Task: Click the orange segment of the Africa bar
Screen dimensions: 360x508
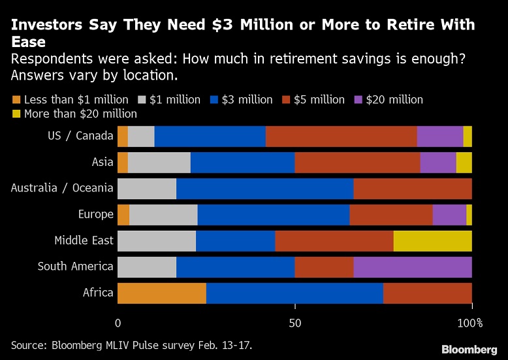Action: tap(161, 293)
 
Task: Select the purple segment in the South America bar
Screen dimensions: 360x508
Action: tap(412, 267)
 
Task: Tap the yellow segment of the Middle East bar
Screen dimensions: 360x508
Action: tap(432, 240)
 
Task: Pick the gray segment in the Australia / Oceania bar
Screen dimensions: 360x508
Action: tap(146, 188)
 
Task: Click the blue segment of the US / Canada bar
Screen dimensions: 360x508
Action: tap(210, 136)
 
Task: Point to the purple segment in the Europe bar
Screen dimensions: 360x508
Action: tap(449, 214)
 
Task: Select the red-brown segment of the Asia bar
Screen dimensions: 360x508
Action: tap(357, 162)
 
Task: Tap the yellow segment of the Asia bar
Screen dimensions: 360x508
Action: tap(464, 162)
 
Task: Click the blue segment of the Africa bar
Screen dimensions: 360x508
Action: tap(294, 293)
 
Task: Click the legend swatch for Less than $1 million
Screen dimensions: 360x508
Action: tap(16, 100)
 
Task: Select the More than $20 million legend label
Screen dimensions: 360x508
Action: tap(80, 114)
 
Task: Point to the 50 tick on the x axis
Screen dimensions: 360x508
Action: tap(294, 323)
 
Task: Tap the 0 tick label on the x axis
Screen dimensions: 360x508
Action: tap(118, 323)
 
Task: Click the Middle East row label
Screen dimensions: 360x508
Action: tap(84, 240)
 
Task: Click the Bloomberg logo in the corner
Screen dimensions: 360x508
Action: tap(469, 348)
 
